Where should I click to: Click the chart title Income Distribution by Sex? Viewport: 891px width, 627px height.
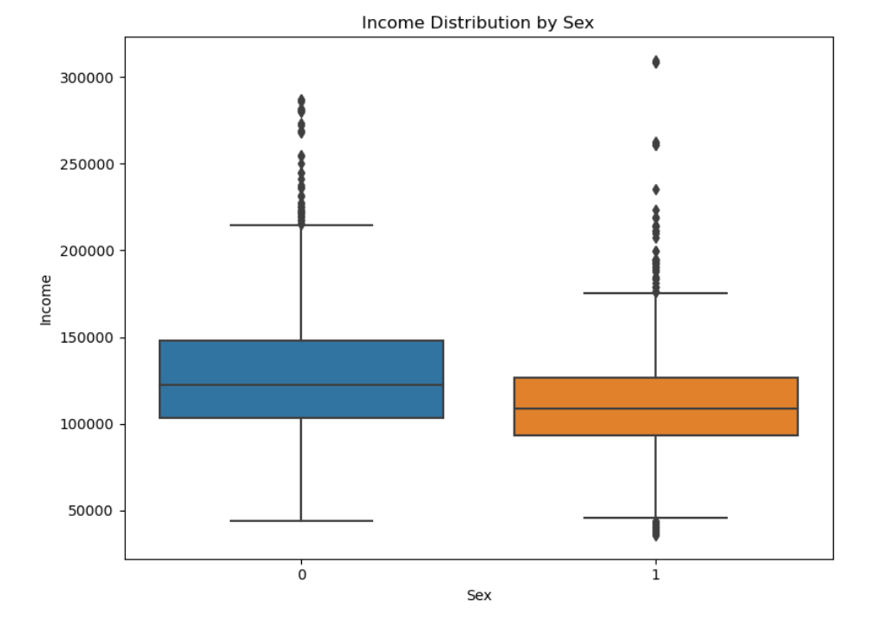tap(477, 23)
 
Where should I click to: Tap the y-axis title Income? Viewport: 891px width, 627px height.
tap(45, 300)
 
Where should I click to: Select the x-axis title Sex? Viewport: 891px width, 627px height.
tap(479, 595)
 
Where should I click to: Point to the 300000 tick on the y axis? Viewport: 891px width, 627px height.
tap(87, 78)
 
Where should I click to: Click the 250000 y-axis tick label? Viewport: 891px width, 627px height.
tap(87, 165)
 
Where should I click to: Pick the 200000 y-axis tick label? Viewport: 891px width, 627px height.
tap(87, 251)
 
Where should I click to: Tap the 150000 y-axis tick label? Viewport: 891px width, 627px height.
tap(87, 338)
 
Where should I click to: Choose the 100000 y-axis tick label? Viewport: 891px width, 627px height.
tap(87, 425)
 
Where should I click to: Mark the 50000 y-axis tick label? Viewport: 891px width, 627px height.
tap(89, 511)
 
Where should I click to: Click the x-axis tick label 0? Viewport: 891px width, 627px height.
tap(302, 575)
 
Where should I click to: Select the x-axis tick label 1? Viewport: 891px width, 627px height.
tap(656, 575)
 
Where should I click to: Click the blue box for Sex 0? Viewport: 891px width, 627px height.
tap(301, 379)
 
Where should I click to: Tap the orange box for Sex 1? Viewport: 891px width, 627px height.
tap(656, 407)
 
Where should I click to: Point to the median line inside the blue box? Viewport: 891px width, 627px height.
tap(301, 385)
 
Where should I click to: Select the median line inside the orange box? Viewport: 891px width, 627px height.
tap(656, 408)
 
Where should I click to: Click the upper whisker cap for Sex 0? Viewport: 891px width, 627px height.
tap(301, 225)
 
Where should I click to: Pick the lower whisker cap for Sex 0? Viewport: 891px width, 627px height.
tap(301, 521)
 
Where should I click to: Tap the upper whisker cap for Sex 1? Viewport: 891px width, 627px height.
tap(656, 293)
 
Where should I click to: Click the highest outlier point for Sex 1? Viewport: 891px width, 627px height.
tap(656, 62)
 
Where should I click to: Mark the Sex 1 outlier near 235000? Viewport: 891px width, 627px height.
tap(656, 190)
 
